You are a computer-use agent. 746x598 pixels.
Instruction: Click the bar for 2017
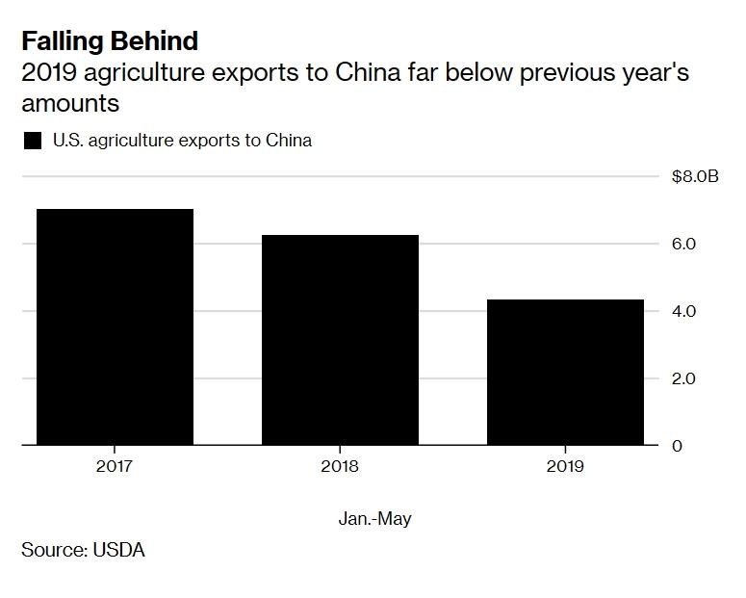(115, 327)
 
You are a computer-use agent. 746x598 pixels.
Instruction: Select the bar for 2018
(340, 340)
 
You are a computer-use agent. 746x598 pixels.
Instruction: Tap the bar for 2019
(564, 373)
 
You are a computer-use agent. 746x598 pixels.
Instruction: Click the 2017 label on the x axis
(115, 467)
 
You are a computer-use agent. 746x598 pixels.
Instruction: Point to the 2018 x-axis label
(340, 467)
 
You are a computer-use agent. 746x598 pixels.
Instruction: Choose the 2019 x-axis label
(564, 467)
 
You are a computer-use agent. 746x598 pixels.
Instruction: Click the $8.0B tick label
(695, 176)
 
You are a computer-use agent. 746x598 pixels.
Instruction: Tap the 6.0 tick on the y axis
(683, 244)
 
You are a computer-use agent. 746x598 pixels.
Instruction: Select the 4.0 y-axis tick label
(683, 311)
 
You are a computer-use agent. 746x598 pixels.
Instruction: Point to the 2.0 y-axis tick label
(683, 378)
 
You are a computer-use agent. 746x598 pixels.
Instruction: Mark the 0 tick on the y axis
(678, 446)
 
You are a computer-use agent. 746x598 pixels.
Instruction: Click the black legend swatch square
(33, 141)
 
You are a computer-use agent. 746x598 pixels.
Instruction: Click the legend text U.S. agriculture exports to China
(182, 141)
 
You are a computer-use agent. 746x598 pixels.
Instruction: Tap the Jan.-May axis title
(374, 519)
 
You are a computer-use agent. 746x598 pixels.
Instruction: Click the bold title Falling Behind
(110, 41)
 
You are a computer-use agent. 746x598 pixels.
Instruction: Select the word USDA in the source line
(118, 550)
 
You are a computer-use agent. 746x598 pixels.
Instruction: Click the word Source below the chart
(51, 550)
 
